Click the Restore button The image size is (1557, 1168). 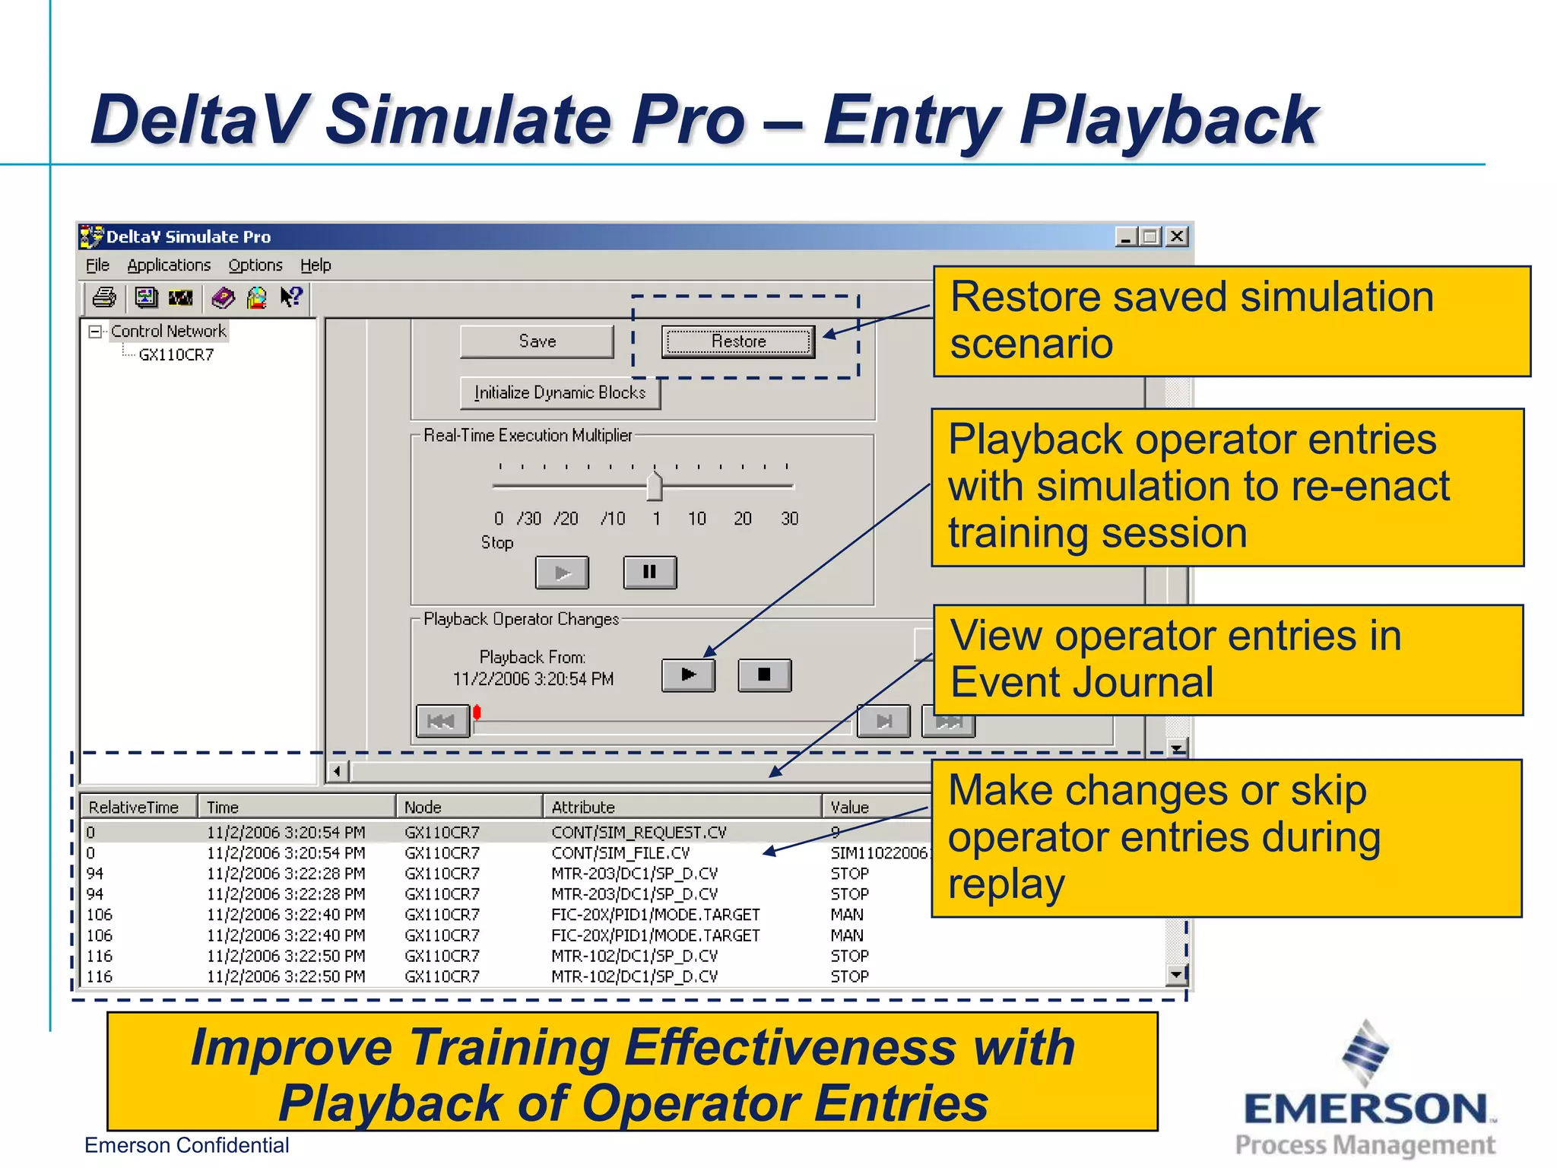pos(737,341)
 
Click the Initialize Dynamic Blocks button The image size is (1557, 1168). pos(560,393)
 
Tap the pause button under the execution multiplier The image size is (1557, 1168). pos(649,572)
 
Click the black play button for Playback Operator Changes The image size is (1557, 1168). pos(688,674)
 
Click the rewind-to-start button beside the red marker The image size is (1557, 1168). pos(442,721)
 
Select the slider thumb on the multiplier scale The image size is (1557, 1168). pos(654,487)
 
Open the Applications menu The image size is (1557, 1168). pos(169,265)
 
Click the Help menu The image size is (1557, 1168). pos(316,265)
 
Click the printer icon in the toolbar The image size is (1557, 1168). pos(104,297)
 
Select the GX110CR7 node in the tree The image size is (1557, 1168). pos(176,355)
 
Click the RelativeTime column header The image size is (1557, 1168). pos(134,807)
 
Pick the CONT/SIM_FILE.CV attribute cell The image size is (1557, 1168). pos(620,853)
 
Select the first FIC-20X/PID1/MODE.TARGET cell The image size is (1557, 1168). pos(655,915)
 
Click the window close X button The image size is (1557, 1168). pos(1177,236)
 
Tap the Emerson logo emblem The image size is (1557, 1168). pos(1365,1053)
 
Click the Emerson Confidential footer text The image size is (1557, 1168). pos(187,1145)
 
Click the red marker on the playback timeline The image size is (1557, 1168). pos(477,713)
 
